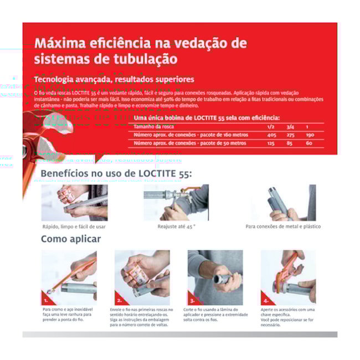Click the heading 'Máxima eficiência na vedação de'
click(x=141, y=43)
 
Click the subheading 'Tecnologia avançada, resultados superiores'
click(x=114, y=79)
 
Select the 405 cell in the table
click(x=271, y=135)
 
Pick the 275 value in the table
click(x=290, y=135)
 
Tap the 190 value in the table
click(x=310, y=135)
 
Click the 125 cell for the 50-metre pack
click(x=271, y=143)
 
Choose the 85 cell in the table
click(x=290, y=143)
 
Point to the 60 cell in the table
click(x=309, y=143)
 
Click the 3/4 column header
click(x=290, y=127)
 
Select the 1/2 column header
click(x=271, y=127)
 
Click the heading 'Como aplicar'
click(x=71, y=239)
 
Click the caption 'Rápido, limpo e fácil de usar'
click(x=74, y=226)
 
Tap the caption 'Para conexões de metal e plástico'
click(x=283, y=226)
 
